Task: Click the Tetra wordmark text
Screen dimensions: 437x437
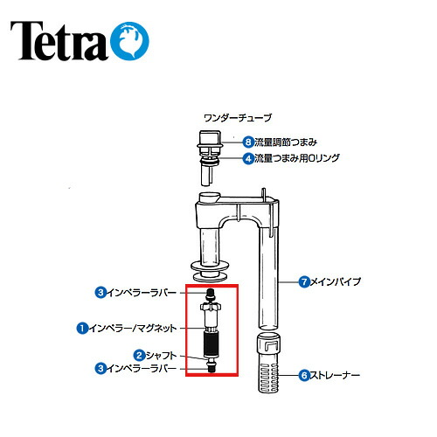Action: (59, 41)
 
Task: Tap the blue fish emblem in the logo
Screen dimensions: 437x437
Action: (130, 41)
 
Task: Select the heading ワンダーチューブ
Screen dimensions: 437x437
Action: (238, 118)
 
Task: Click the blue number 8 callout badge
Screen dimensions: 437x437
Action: (248, 142)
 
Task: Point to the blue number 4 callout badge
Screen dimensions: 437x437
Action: (248, 159)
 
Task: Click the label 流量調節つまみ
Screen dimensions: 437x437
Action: (286, 142)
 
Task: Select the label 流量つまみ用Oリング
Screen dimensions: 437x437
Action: (297, 158)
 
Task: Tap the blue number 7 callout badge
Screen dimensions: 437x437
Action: (304, 282)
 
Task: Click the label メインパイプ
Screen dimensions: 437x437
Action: (336, 281)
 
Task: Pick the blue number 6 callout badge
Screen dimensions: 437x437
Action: (304, 375)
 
